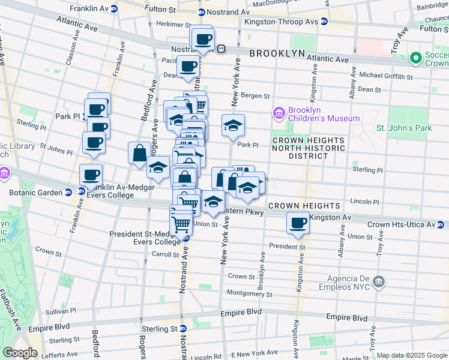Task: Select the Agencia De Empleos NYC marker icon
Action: point(379,281)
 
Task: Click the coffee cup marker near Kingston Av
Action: point(298,223)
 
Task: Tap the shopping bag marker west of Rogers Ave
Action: point(139,153)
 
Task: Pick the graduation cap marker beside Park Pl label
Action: point(233,125)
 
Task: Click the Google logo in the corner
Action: point(19,353)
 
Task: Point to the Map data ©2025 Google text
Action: point(411,355)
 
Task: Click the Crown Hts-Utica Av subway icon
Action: point(441,225)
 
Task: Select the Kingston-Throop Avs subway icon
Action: point(324,22)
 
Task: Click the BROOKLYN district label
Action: point(277,53)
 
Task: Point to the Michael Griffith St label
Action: point(385,76)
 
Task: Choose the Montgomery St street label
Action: point(250,294)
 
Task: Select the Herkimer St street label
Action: point(169,24)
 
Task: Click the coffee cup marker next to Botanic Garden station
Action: point(91,175)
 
